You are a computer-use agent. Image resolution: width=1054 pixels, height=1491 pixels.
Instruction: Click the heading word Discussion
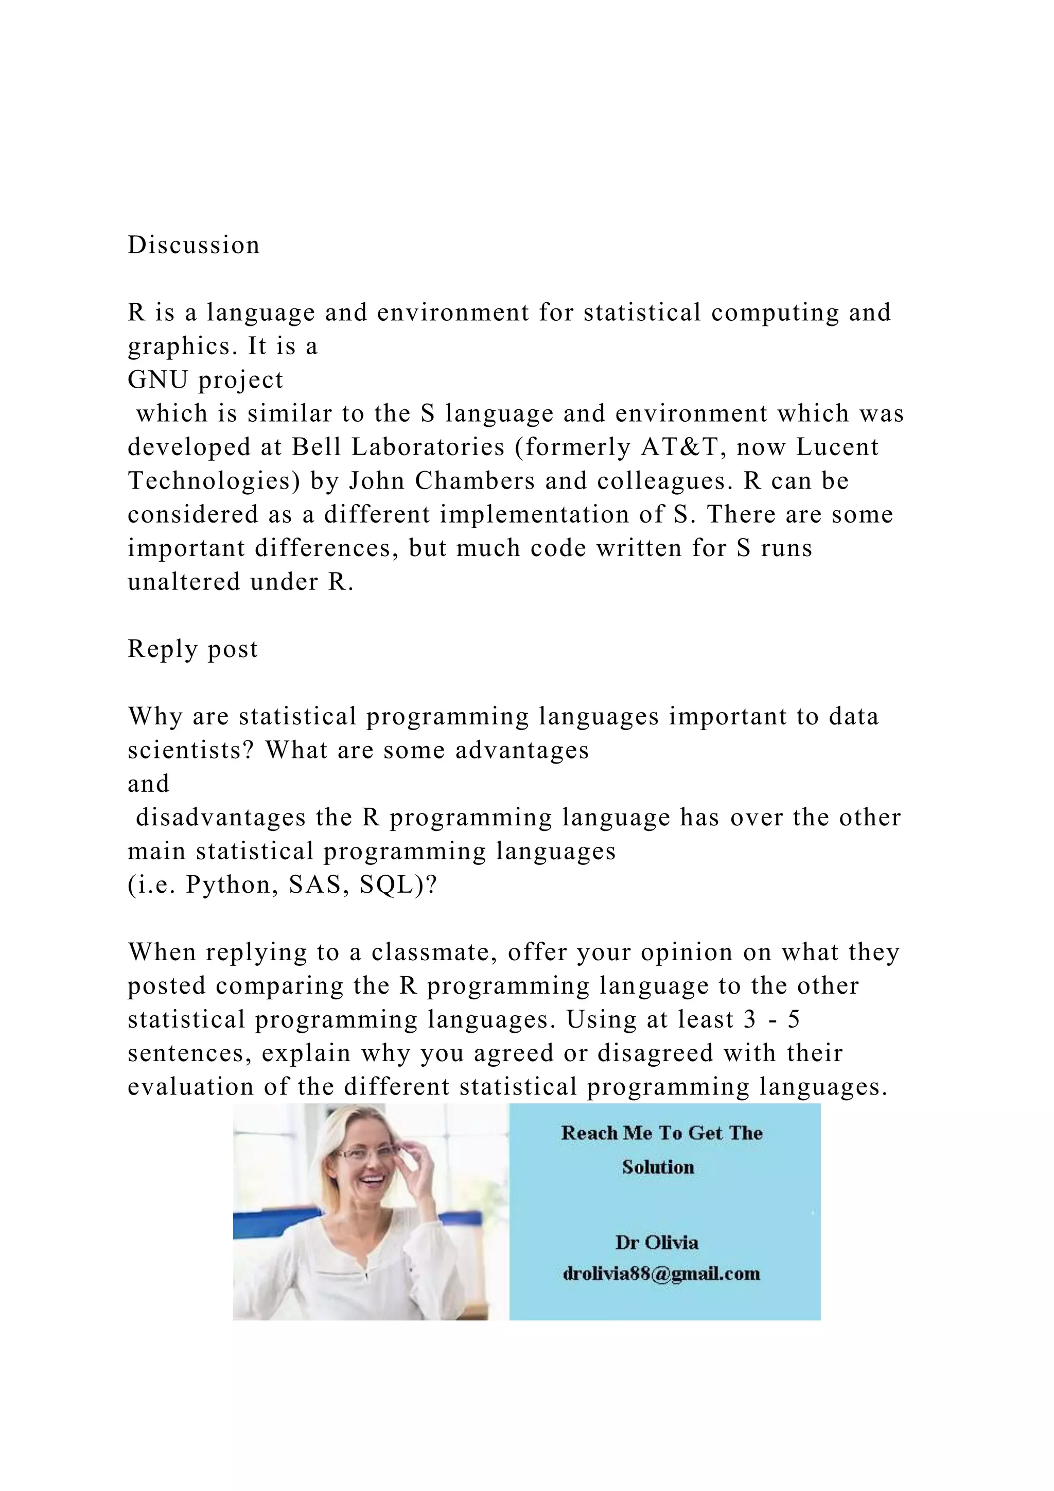[x=194, y=246]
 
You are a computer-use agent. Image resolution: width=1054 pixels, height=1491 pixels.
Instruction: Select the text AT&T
[x=679, y=447]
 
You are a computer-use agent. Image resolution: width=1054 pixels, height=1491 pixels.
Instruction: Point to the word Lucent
[x=837, y=447]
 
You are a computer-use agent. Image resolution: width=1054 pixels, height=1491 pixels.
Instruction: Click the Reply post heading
[x=193, y=649]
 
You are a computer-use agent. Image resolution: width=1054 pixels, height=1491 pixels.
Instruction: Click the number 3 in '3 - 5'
[x=750, y=1019]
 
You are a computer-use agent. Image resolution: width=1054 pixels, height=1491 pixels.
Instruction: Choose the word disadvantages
[x=221, y=818]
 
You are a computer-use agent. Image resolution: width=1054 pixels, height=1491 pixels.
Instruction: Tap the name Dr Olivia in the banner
[x=657, y=1242]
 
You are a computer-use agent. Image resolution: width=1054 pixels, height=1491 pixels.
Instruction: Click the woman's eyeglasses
[x=367, y=1153]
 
